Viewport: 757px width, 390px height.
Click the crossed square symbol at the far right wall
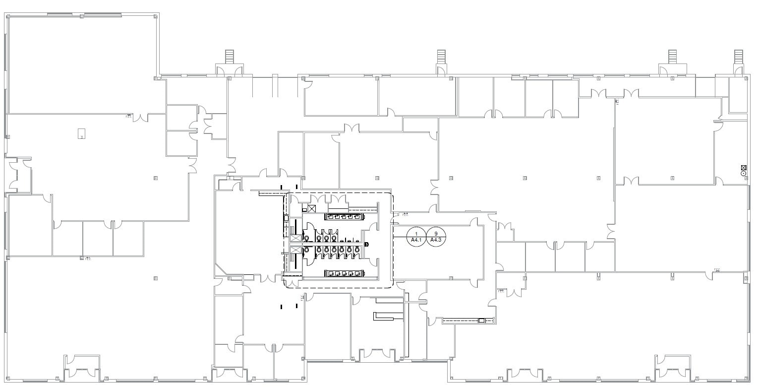(743, 167)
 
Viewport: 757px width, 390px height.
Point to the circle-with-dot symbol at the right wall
(743, 173)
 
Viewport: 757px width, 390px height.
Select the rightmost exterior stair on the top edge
(738, 56)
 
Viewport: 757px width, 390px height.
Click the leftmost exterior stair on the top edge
(229, 56)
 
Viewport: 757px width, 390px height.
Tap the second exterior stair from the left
(441, 56)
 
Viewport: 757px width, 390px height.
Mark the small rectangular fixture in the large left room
(81, 133)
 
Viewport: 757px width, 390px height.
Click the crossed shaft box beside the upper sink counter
(312, 208)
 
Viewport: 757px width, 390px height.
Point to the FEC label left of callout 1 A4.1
(405, 215)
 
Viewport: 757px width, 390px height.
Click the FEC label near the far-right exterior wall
(717, 270)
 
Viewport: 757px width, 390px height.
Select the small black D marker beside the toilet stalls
(366, 244)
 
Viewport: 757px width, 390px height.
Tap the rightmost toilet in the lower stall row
(357, 251)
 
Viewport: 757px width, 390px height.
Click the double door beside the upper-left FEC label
(141, 118)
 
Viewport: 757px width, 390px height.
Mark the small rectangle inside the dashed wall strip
(481, 321)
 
